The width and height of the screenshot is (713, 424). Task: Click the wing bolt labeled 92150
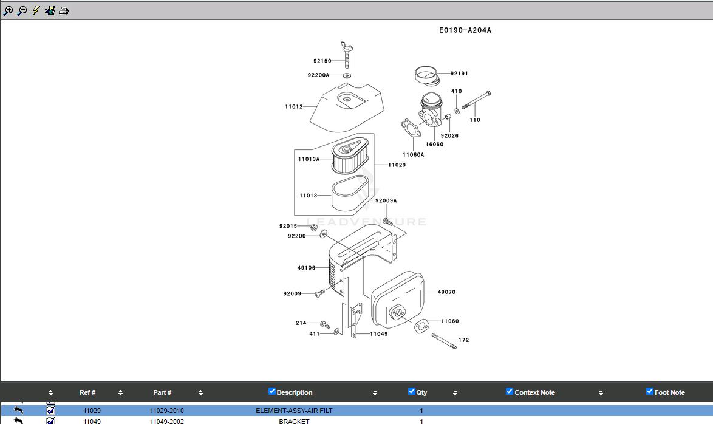pyautogui.click(x=348, y=55)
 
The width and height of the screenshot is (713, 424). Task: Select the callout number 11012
pyautogui.click(x=294, y=107)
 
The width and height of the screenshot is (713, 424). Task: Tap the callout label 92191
pyautogui.click(x=459, y=74)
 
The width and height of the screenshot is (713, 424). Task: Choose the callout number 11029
pyautogui.click(x=397, y=165)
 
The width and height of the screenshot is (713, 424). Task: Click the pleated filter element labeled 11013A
pyautogui.click(x=350, y=157)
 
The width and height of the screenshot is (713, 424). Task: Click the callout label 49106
pyautogui.click(x=306, y=268)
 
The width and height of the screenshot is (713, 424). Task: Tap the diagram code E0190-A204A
pyautogui.click(x=465, y=30)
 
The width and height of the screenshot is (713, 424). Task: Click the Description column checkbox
pyautogui.click(x=272, y=392)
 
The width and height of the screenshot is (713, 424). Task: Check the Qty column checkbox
pyautogui.click(x=412, y=392)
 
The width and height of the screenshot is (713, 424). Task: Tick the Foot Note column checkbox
pyautogui.click(x=650, y=392)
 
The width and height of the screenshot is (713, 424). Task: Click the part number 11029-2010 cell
pyautogui.click(x=166, y=411)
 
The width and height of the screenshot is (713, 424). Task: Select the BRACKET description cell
pyautogui.click(x=294, y=421)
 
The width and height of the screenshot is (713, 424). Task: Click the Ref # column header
pyautogui.click(x=87, y=392)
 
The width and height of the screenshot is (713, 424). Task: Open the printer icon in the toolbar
pyautogui.click(x=64, y=11)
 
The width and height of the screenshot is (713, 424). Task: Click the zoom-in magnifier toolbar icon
pyautogui.click(x=8, y=11)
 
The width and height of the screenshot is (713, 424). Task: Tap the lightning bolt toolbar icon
pyautogui.click(x=36, y=11)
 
